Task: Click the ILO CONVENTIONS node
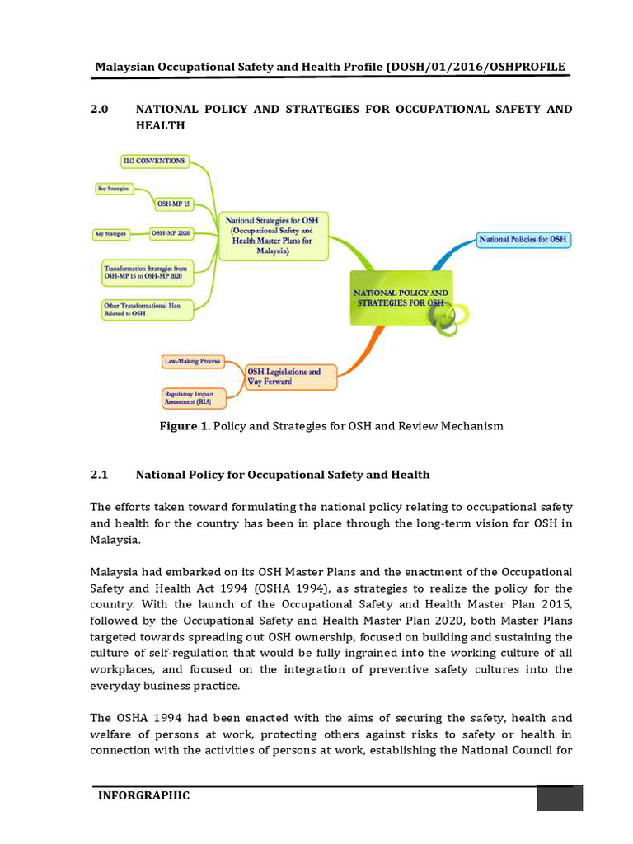pos(155,161)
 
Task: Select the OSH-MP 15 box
pos(173,203)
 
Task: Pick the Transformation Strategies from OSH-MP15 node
pos(146,273)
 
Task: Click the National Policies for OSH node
pos(523,240)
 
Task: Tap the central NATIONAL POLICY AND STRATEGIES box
pos(401,298)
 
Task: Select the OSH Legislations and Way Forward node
pos(291,377)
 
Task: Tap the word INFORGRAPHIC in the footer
pos(143,795)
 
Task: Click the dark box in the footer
pos(560,798)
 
